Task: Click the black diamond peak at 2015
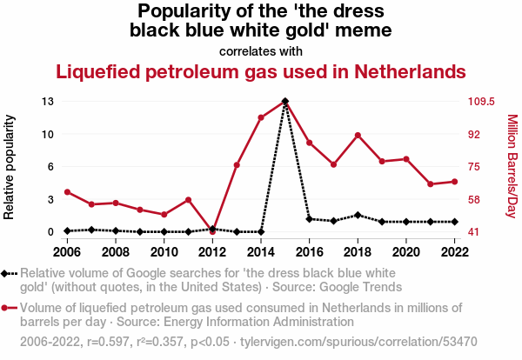285,101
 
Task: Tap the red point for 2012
212,231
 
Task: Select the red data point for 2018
358,136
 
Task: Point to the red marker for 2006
67,192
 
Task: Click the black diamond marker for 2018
358,215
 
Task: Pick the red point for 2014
261,117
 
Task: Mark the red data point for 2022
455,182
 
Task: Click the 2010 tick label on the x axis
164,252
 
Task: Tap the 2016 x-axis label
309,252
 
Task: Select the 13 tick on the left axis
48,101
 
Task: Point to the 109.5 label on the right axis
481,101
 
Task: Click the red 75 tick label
474,166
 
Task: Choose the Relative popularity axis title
9,167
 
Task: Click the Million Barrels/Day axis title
512,166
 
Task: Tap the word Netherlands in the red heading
410,71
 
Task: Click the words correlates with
261,51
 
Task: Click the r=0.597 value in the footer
108,342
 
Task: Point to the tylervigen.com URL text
358,342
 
